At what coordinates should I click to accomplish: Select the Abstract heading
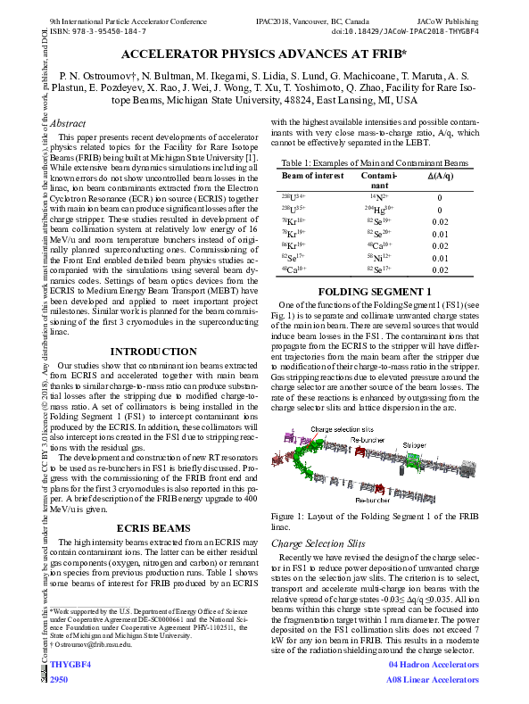[x=68, y=124]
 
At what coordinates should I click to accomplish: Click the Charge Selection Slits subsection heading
[x=318, y=542]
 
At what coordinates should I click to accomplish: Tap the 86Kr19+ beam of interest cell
[x=294, y=244]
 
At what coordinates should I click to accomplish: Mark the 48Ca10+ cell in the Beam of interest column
[x=294, y=269]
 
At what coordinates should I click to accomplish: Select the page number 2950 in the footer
[x=60, y=679]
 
